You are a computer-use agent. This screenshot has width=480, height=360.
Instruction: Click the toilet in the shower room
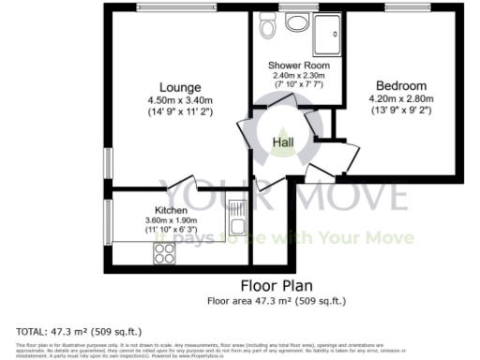(x=269, y=28)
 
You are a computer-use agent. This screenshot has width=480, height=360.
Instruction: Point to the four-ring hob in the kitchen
(x=164, y=251)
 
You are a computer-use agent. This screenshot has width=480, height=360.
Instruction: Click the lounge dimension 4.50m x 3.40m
(x=168, y=102)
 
